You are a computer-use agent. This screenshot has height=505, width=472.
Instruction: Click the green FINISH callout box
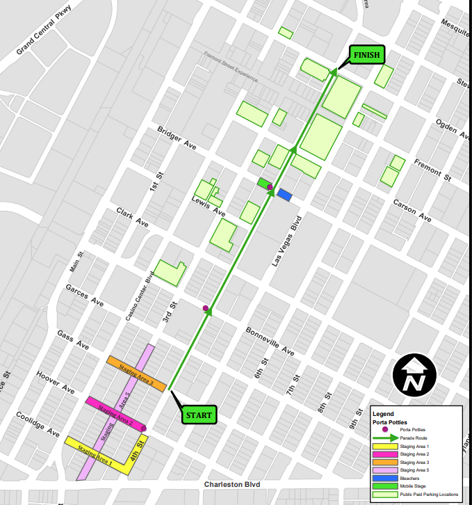(366, 55)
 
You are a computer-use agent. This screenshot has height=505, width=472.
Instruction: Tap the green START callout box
(199, 415)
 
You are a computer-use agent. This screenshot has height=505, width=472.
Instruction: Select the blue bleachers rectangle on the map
(284, 195)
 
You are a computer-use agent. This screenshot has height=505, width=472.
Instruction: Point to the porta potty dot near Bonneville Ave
(205, 308)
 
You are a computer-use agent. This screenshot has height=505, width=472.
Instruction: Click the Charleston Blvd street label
(236, 484)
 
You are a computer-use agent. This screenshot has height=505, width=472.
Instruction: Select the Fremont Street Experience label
(230, 65)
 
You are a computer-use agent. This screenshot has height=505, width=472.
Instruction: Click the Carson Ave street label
(412, 211)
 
